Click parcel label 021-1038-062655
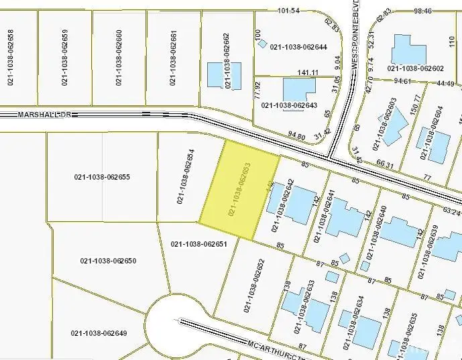(101, 177)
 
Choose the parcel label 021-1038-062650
(109, 261)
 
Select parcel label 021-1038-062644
(298, 48)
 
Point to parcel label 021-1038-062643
(289, 105)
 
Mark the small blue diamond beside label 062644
(263, 44)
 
